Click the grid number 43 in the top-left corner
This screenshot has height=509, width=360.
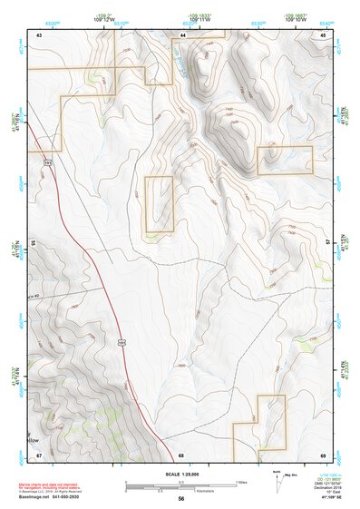pos(39,34)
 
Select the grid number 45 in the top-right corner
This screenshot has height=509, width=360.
pos(322,34)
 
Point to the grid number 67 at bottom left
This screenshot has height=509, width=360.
pos(39,454)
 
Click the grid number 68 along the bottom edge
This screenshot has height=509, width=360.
pos(181,454)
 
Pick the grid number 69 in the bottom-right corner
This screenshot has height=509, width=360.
pos(323,454)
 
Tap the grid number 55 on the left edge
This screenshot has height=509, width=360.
pos(34,244)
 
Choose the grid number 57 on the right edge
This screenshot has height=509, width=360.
pos(326,243)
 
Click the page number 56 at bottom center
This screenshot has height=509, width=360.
pos(181,499)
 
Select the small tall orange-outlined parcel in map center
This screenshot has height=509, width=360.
pos(159,203)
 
